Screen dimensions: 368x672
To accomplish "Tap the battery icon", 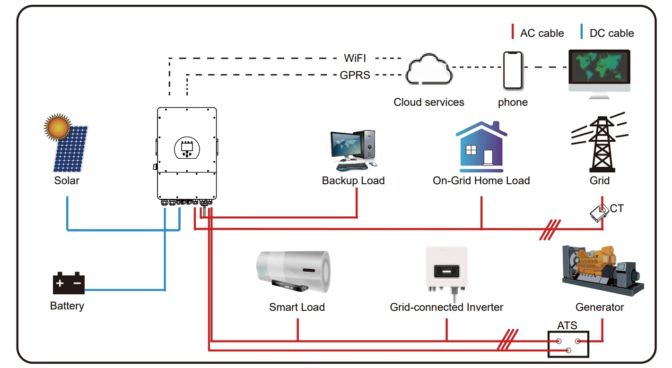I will (x=69, y=283).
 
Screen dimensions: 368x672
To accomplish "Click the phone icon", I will (x=513, y=70).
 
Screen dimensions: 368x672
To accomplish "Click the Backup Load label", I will (x=353, y=180).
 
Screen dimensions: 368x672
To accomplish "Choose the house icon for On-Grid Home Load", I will (x=481, y=147).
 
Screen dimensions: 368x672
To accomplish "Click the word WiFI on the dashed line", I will (x=355, y=59).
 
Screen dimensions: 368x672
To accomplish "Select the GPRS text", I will (x=355, y=75).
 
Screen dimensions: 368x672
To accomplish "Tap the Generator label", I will (x=600, y=307).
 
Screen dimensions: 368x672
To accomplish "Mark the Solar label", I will (x=67, y=180).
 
